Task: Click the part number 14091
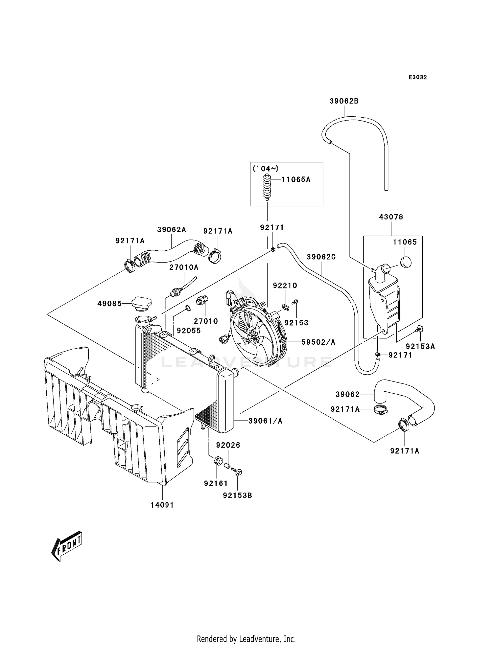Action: [162, 505]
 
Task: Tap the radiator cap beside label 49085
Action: [142, 304]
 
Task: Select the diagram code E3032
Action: [418, 77]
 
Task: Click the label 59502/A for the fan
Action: [318, 342]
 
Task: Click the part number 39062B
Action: [344, 101]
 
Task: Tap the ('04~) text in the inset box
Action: [266, 169]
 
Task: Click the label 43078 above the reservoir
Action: [391, 217]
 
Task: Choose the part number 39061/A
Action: [265, 421]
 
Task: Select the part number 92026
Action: [228, 445]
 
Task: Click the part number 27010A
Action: [184, 267]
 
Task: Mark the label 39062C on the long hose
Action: [321, 257]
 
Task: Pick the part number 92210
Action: [285, 286]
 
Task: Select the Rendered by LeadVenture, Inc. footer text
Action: [246, 639]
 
